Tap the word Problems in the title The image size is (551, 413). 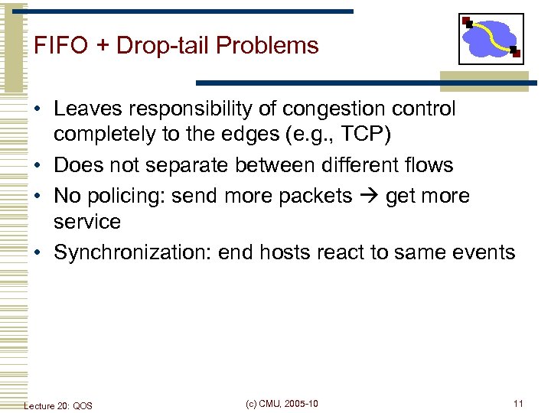click(267, 46)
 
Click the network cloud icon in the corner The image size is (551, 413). click(491, 38)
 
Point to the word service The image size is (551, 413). click(87, 222)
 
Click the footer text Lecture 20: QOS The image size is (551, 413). click(58, 405)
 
